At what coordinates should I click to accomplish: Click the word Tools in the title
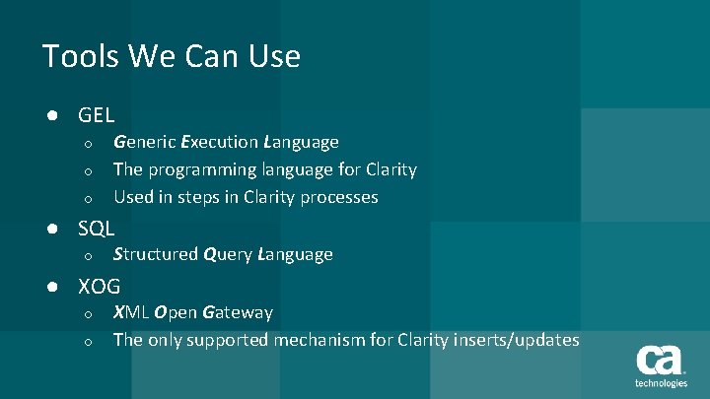pyautogui.click(x=76, y=56)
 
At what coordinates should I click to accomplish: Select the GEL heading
pyautogui.click(x=97, y=115)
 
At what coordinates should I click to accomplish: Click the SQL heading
pyautogui.click(x=97, y=229)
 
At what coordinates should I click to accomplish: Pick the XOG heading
pyautogui.click(x=100, y=287)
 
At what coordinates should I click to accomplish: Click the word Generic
pyautogui.click(x=144, y=143)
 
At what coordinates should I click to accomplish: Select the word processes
pyautogui.click(x=342, y=197)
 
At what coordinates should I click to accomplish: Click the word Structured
pyautogui.click(x=156, y=255)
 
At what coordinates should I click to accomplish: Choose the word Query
pyautogui.click(x=228, y=255)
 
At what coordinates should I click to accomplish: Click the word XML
pyautogui.click(x=131, y=313)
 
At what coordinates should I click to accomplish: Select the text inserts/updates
pyautogui.click(x=517, y=340)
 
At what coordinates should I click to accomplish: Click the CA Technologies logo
pyautogui.click(x=660, y=366)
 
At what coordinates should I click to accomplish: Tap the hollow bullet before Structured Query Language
pyautogui.click(x=88, y=256)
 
